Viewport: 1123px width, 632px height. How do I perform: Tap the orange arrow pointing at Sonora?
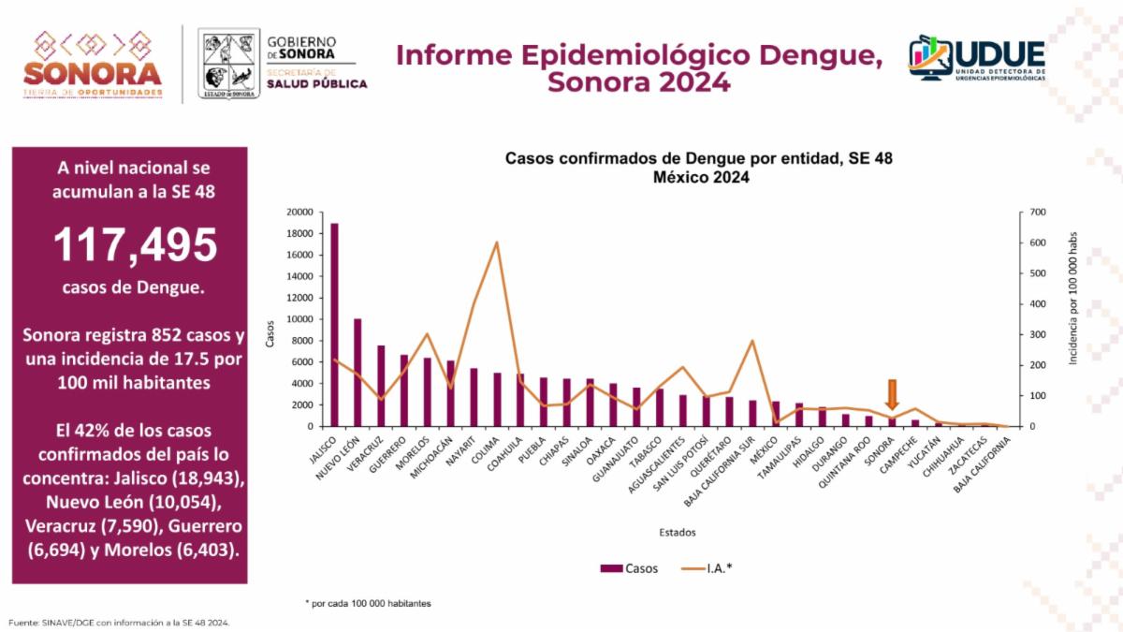892,395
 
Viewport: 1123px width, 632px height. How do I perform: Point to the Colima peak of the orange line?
496,243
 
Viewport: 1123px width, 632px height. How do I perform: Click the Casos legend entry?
630,568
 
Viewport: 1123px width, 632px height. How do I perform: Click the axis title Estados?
677,533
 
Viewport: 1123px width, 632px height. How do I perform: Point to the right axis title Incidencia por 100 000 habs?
1074,299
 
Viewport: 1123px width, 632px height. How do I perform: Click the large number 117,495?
135,245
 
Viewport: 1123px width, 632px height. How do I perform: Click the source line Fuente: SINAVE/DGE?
119,623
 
